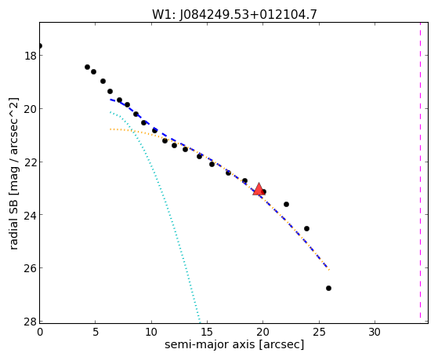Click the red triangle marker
tap(259, 189)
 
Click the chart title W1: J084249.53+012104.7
tap(234, 14)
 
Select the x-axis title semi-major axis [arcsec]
tap(234, 344)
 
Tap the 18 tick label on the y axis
tap(30, 56)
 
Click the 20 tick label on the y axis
tap(30, 108)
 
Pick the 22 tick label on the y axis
tap(30, 162)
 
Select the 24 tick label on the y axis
tap(30, 215)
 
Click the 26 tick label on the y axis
tap(30, 268)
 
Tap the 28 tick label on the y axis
tap(30, 321)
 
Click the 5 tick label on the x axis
tap(96, 332)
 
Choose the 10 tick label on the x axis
tap(151, 332)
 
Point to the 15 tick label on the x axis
tap(207, 332)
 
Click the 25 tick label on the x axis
tap(319, 332)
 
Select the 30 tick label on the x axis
tap(375, 332)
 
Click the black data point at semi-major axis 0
tap(40, 45)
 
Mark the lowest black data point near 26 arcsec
tap(328, 288)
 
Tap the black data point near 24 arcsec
tap(306, 228)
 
